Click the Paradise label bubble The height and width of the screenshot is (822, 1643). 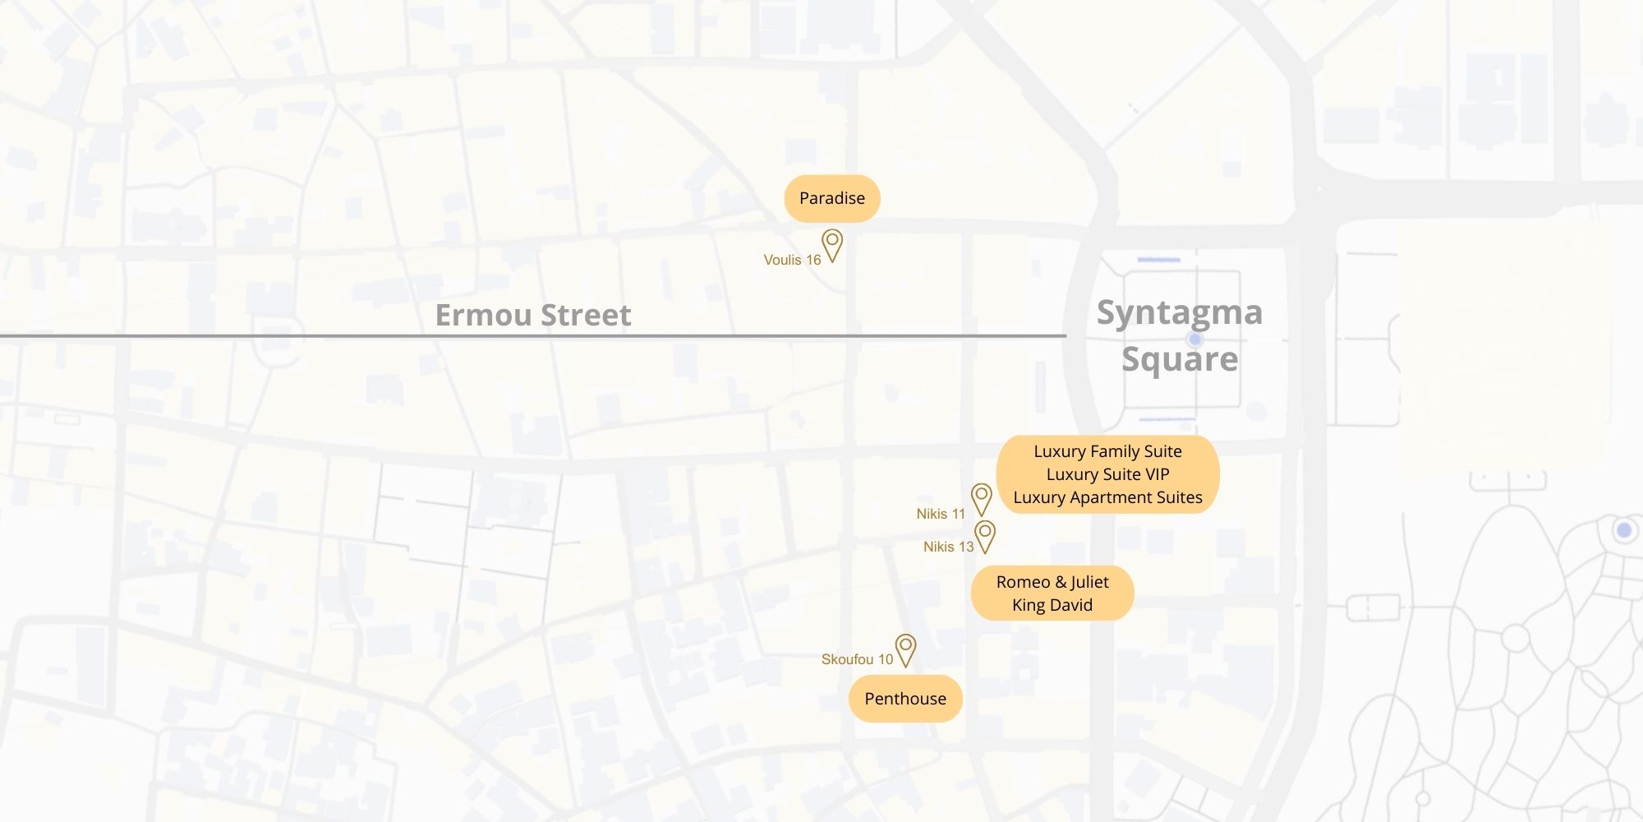831,198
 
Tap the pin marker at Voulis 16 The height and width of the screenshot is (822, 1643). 832,243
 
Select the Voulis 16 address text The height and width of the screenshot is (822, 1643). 792,260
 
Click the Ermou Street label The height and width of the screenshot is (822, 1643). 533,315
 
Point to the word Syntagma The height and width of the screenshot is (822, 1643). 1179,312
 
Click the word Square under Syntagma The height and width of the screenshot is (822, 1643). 1180,359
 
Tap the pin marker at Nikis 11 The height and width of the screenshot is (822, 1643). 981,496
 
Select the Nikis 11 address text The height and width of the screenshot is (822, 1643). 941,514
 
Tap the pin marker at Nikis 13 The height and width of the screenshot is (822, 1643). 984,533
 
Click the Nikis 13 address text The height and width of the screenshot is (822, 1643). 948,547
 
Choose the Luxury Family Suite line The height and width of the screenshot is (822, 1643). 1107,451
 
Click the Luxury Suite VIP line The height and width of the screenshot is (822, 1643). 1107,474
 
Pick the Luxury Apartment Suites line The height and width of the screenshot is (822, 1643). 1107,497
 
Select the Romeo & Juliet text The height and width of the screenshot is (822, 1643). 1052,582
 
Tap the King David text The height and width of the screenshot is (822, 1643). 1052,605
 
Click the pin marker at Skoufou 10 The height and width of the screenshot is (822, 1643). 905,647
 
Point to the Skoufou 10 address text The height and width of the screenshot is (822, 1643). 857,659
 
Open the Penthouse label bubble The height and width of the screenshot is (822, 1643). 904,699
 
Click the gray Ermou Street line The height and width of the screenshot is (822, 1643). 246,335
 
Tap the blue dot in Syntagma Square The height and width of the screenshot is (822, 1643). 1195,339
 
